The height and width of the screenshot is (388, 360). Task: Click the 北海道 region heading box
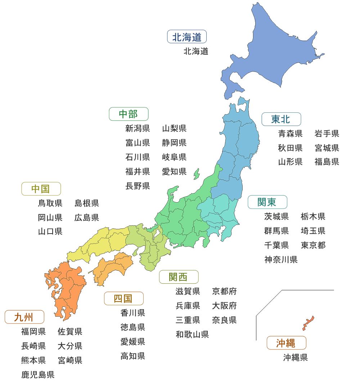click(x=187, y=37)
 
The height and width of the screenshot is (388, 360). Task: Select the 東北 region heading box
click(x=281, y=119)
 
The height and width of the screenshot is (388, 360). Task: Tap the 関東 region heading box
click(x=267, y=202)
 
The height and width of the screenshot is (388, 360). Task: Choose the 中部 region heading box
click(x=129, y=114)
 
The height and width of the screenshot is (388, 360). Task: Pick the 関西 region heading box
click(x=179, y=277)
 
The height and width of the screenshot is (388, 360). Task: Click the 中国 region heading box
click(x=41, y=189)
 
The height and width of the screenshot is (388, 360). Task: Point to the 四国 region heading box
click(x=123, y=298)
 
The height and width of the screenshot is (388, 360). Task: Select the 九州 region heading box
click(x=24, y=317)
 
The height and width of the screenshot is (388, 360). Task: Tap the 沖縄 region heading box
click(x=286, y=343)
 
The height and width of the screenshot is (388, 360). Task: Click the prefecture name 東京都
click(x=313, y=245)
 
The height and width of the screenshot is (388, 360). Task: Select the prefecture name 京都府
click(x=224, y=291)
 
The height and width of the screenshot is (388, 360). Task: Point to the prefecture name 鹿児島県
click(x=38, y=375)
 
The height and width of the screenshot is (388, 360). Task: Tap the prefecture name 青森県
click(x=290, y=134)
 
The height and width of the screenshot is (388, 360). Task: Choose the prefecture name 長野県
click(x=138, y=186)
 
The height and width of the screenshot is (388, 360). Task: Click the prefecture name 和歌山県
click(x=192, y=334)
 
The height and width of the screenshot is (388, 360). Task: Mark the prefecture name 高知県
click(x=132, y=356)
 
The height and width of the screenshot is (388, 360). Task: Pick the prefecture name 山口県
click(x=50, y=231)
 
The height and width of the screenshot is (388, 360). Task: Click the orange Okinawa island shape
click(x=308, y=323)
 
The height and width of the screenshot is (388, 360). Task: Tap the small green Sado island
click(x=196, y=174)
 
